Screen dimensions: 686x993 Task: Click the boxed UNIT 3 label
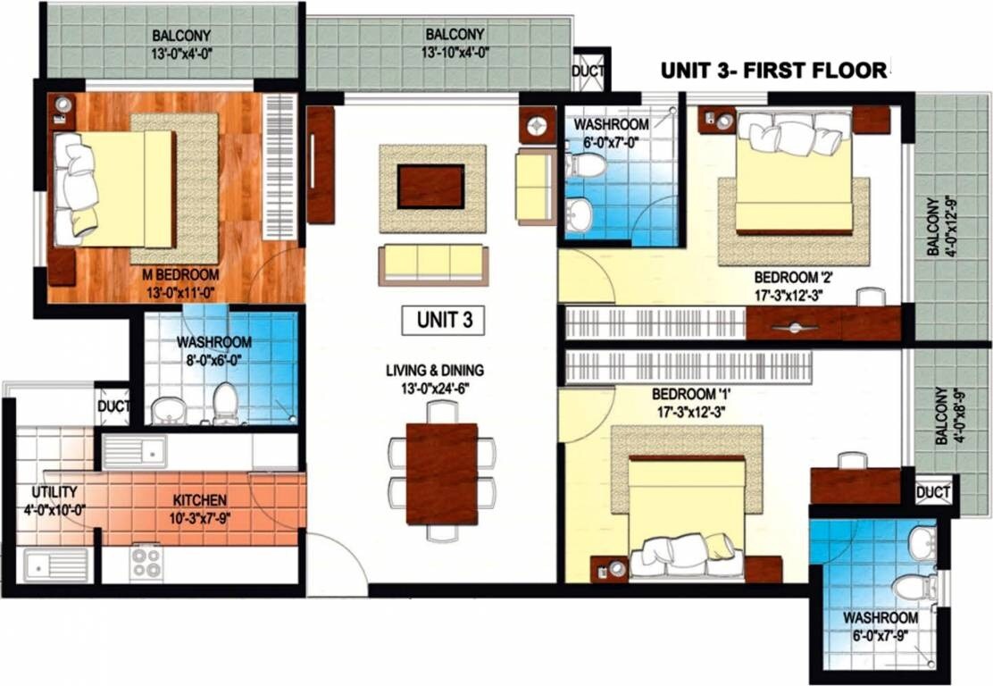click(444, 321)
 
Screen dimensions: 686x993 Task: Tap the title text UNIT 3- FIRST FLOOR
click(773, 70)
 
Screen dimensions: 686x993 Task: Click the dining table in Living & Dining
click(441, 473)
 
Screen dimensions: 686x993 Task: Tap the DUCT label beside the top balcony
click(588, 71)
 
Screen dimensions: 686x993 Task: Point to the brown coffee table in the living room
click(430, 187)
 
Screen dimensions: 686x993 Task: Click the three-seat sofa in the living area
click(433, 264)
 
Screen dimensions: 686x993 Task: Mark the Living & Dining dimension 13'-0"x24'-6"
click(440, 387)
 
